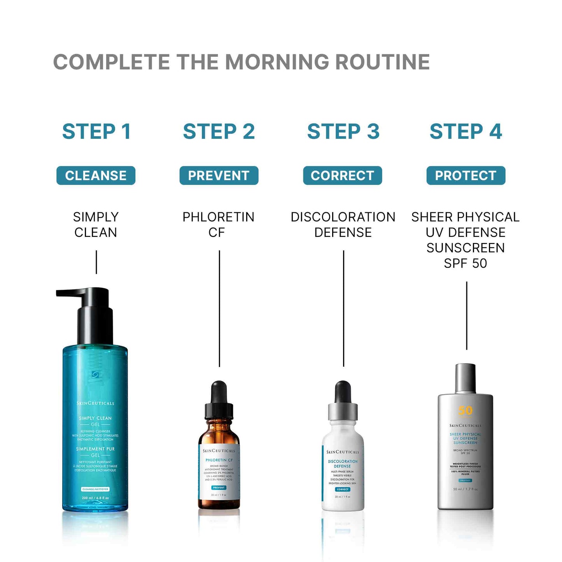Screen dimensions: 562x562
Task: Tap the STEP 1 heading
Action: pyautogui.click(x=96, y=131)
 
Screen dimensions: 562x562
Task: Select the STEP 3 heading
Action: pyautogui.click(x=343, y=131)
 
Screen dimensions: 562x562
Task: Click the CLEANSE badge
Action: pyautogui.click(x=96, y=175)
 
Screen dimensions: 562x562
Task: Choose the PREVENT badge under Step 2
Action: pyautogui.click(x=219, y=175)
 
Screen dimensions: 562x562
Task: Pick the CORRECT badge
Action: pyautogui.click(x=342, y=175)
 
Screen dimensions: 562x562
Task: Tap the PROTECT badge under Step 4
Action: pyautogui.click(x=466, y=175)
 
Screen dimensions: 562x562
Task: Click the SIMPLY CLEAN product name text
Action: pyautogui.click(x=96, y=224)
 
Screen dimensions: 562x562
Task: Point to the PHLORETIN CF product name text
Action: pyautogui.click(x=218, y=224)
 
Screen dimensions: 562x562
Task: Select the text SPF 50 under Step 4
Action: pyautogui.click(x=465, y=263)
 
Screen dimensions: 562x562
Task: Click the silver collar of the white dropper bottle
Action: pyautogui.click(x=343, y=411)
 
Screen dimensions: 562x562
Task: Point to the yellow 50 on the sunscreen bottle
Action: pyautogui.click(x=465, y=411)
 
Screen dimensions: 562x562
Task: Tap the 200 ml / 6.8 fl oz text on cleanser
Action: pyautogui.click(x=95, y=498)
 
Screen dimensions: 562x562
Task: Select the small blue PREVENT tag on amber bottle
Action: pyautogui.click(x=219, y=487)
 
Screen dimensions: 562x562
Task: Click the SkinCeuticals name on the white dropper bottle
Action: pyautogui.click(x=343, y=452)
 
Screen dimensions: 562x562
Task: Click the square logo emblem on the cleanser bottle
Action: pyautogui.click(x=95, y=375)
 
